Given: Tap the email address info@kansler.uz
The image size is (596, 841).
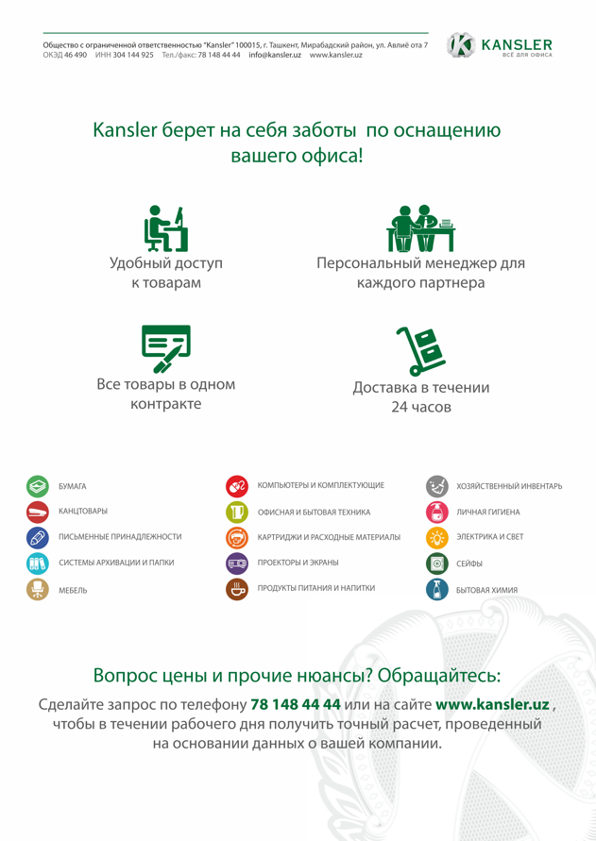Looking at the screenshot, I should point(275,56).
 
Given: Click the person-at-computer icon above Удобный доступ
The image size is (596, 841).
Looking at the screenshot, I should point(165,229).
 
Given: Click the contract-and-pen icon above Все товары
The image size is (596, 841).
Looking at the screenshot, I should point(165,348).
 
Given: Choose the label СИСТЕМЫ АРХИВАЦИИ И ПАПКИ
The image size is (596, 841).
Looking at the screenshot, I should point(116,563).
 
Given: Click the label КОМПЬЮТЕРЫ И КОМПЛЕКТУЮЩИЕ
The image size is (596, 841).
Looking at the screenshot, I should point(320,485).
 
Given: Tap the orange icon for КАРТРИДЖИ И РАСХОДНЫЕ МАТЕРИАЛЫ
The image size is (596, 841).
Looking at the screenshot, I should point(237,537).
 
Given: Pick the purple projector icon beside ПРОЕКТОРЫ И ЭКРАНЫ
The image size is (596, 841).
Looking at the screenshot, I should point(237,563).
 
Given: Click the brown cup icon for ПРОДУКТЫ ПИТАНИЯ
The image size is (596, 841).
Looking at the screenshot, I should point(237,589).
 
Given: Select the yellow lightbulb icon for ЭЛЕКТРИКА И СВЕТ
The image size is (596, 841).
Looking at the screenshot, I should point(436,537).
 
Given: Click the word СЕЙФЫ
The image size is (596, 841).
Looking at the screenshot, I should point(469,563).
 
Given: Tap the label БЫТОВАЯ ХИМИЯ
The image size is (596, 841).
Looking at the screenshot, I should point(486,590).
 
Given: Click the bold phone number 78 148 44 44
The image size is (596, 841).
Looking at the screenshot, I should point(296,705).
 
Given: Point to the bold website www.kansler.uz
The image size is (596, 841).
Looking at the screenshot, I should point(492,705).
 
